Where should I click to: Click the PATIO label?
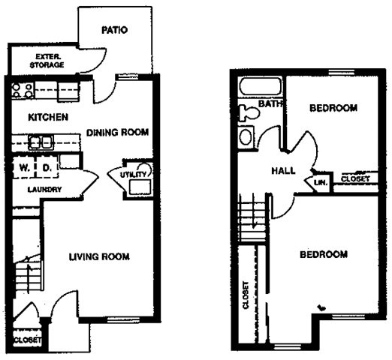click(x=115, y=30)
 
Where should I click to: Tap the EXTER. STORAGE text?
click(x=47, y=61)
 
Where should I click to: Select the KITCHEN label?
click(x=48, y=117)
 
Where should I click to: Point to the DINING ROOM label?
click(x=117, y=132)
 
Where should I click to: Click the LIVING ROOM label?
click(x=99, y=256)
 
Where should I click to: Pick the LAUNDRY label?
click(x=44, y=190)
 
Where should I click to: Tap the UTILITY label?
click(x=133, y=175)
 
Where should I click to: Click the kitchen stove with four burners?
click(x=23, y=91)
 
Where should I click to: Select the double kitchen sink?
click(x=41, y=142)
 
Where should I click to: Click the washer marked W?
click(x=24, y=167)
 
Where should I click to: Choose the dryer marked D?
click(x=47, y=167)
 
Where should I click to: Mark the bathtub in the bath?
click(x=261, y=86)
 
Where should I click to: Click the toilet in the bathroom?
click(x=249, y=113)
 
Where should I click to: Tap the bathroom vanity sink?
click(x=246, y=137)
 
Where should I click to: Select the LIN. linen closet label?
click(x=321, y=182)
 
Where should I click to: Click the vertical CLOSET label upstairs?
click(x=246, y=295)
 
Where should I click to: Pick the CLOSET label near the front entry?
click(x=27, y=340)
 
